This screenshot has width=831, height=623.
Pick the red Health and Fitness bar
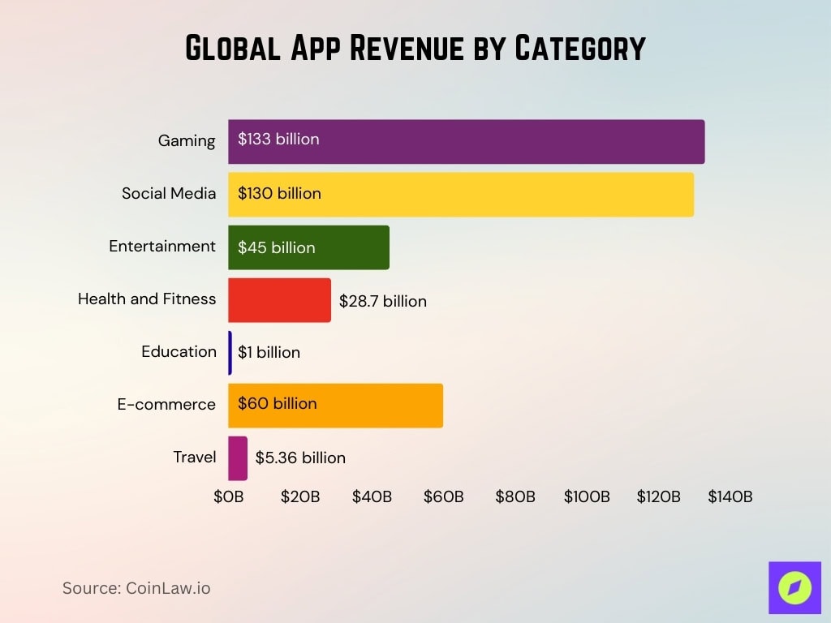279,300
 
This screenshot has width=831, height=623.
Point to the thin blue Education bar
230,353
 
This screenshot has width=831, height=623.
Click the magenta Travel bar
237,458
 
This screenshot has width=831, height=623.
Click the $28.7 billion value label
383,301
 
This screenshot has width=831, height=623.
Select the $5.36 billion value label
300,458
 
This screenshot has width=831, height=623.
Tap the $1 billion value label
269,352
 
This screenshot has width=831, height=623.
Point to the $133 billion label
278,139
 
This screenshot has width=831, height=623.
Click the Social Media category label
169,193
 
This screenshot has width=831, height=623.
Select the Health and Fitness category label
147,299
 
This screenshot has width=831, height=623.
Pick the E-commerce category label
166,404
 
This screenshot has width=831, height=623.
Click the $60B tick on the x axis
443,496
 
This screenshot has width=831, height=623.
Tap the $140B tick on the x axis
730,496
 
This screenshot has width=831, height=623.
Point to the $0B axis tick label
228,496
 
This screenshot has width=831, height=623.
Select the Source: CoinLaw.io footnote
136,588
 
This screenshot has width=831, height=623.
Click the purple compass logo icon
794,587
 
